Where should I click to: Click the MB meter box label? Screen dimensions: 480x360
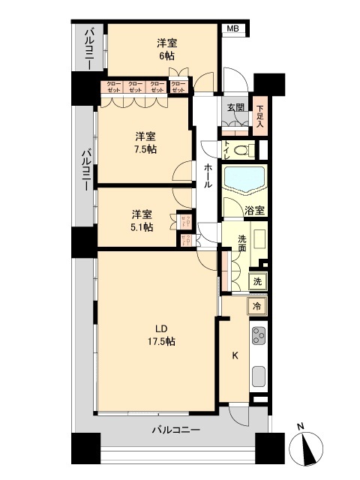click(233, 29)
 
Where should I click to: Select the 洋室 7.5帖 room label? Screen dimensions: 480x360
click(145, 142)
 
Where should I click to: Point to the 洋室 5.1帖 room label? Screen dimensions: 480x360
click(141, 220)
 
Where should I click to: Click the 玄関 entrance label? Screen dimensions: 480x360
click(235, 107)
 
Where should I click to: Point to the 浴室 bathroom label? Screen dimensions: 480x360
click(255, 211)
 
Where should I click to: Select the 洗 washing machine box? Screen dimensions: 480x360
click(256, 282)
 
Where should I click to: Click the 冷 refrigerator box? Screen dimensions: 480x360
click(256, 306)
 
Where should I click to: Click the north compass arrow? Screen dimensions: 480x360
click(307, 447)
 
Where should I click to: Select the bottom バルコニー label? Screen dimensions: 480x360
click(175, 430)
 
